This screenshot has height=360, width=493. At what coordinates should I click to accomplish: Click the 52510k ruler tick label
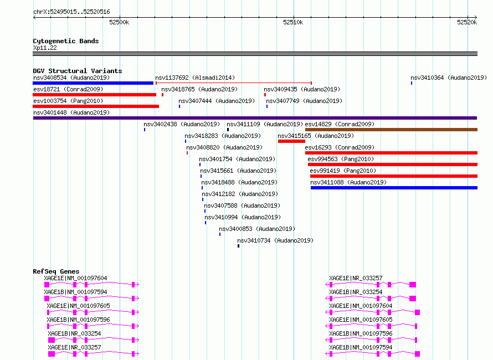click(293, 22)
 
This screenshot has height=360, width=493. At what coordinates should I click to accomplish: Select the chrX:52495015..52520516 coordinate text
click(71, 12)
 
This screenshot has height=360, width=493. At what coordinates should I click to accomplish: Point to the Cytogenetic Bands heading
click(66, 41)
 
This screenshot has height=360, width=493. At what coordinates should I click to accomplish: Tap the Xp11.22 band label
click(45, 48)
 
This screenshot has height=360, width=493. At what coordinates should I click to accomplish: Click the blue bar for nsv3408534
click(93, 83)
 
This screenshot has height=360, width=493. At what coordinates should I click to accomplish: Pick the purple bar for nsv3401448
click(255, 118)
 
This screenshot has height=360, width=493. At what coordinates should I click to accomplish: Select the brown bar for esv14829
click(391, 130)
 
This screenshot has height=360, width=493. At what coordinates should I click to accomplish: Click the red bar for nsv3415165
click(291, 141)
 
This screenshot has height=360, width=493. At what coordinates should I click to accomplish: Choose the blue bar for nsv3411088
click(394, 188)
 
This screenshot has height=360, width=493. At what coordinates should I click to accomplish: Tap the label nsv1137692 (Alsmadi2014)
click(195, 78)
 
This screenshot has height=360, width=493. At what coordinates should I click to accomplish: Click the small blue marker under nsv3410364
click(412, 83)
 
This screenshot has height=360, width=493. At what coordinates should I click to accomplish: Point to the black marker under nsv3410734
click(238, 246)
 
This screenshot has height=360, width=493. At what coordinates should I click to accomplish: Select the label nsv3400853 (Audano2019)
click(257, 229)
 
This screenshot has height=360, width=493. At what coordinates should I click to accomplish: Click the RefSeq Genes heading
click(56, 271)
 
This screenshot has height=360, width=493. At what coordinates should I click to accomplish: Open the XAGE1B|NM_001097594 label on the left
click(75, 292)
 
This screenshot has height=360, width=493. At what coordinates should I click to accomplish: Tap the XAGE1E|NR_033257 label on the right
click(356, 278)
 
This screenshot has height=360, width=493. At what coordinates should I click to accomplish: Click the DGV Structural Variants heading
click(78, 71)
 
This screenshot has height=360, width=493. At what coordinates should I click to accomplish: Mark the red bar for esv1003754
click(96, 106)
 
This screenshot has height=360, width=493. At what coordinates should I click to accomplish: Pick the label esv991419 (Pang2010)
click(343, 171)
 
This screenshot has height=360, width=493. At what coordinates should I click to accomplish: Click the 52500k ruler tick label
click(119, 22)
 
